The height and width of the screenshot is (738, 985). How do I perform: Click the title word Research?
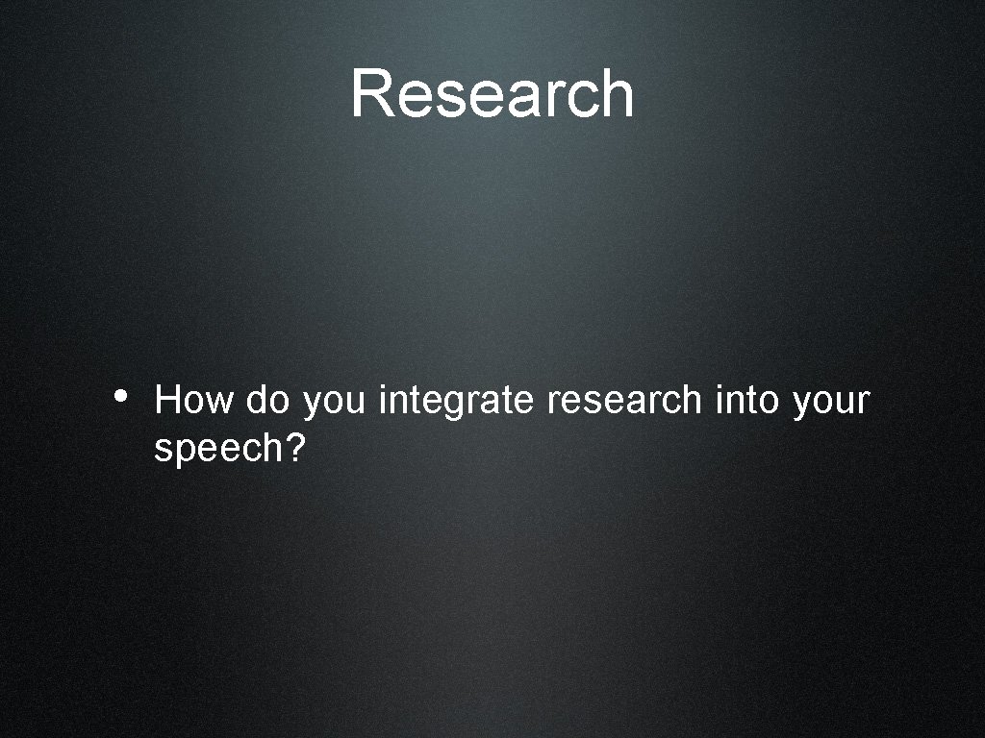[x=492, y=94]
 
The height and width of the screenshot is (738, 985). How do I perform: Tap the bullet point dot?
[x=119, y=395]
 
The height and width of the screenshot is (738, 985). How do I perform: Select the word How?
[x=193, y=400]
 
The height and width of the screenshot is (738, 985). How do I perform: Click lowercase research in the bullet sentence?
[x=624, y=400]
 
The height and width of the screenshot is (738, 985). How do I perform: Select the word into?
[x=747, y=400]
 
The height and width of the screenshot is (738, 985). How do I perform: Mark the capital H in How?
[x=166, y=400]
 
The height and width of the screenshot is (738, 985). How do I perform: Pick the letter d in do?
[x=256, y=400]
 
